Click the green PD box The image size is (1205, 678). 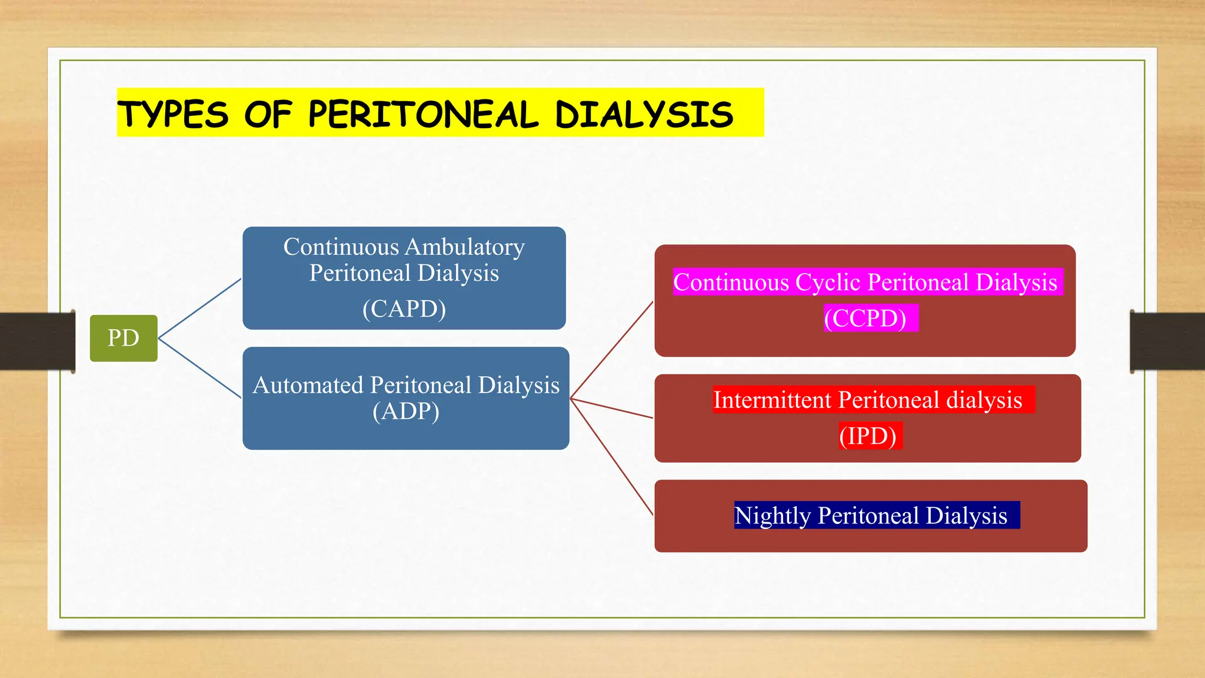click(x=124, y=338)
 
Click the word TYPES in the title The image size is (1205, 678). click(x=173, y=114)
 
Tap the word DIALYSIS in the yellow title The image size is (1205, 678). click(x=644, y=114)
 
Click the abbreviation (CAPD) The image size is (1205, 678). click(x=404, y=308)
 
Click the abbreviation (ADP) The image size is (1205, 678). click(x=406, y=411)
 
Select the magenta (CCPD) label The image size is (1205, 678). click(x=865, y=318)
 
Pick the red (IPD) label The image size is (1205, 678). click(x=868, y=436)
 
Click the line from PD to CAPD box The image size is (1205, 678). click(x=200, y=308)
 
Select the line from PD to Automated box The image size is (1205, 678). click(x=200, y=368)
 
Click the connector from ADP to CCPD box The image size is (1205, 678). click(x=612, y=350)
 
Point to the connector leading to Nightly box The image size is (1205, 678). click(x=612, y=457)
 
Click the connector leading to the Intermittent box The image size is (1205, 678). click(x=612, y=408)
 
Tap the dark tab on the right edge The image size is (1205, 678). click(x=1167, y=341)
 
